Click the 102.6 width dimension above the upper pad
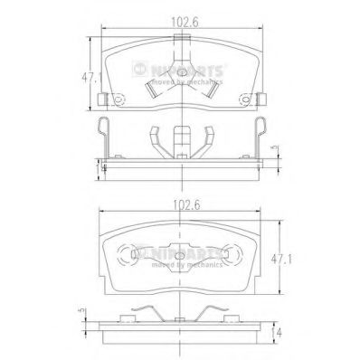point(176,10)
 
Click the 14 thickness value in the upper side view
point(103,167)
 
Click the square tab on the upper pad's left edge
point(106,99)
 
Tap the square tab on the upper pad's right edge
point(251,99)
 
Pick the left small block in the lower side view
point(121,319)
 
